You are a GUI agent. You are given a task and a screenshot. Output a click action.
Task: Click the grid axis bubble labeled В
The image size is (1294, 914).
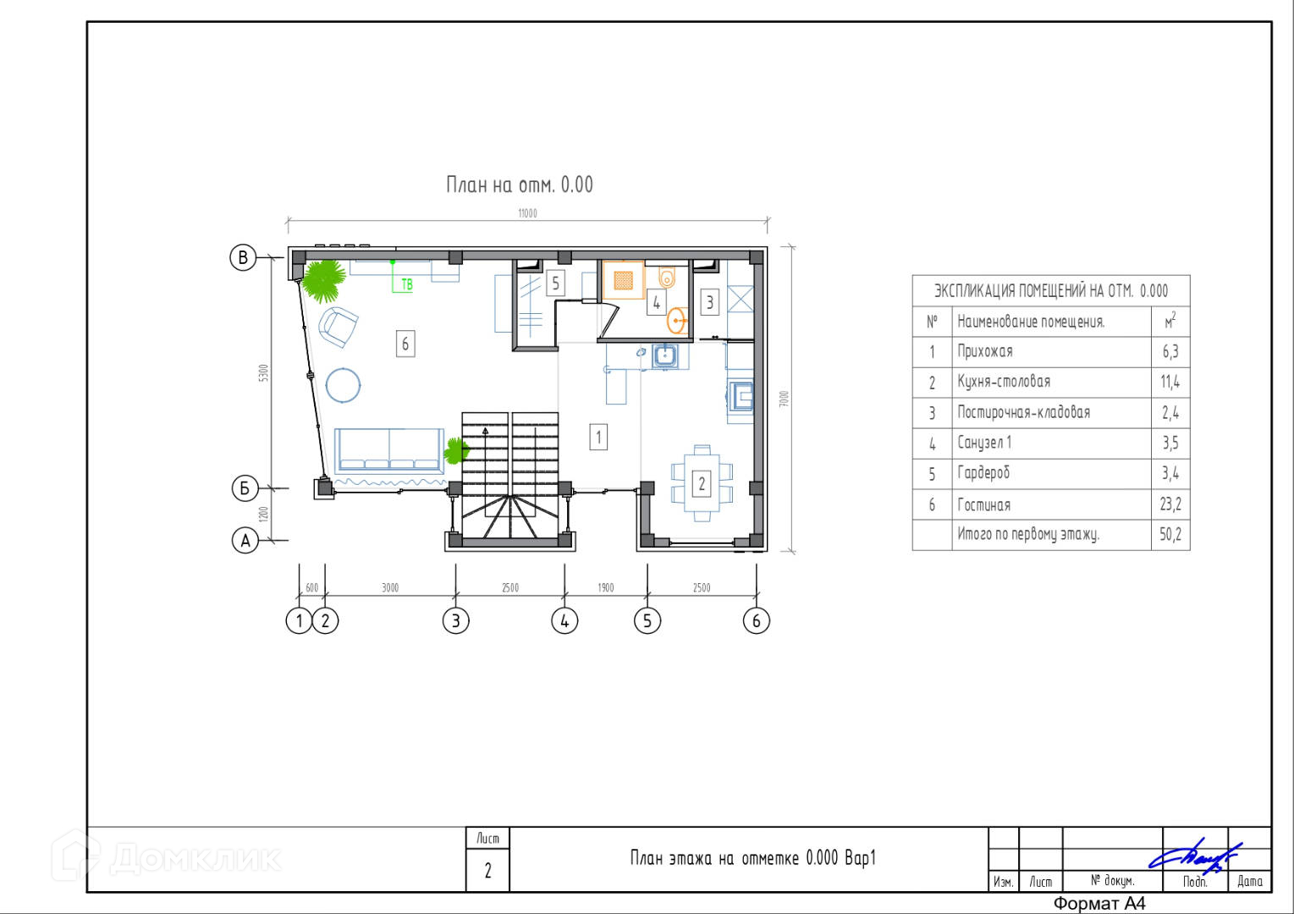coord(243,257)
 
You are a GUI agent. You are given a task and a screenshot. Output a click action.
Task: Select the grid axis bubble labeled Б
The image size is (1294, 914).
coord(245,488)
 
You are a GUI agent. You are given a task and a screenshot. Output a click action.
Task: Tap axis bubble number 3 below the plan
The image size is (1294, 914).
coord(456,621)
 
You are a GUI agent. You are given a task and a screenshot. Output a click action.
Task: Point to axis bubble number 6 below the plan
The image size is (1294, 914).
coord(757,621)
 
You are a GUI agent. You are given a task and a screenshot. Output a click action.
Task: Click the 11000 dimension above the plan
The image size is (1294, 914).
coord(527,213)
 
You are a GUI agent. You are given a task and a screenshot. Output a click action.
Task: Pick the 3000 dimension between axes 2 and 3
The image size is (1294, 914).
coord(390,587)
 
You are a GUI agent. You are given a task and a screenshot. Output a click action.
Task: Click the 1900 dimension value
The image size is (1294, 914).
coord(605,587)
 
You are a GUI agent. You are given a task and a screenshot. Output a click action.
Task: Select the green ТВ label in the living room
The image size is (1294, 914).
coord(407,284)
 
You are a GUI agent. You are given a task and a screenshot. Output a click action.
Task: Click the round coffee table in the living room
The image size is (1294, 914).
coord(343,385)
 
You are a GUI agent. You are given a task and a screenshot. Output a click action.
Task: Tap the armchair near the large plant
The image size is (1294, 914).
coord(338,327)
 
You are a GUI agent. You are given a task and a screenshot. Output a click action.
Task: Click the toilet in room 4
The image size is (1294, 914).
coord(667,278)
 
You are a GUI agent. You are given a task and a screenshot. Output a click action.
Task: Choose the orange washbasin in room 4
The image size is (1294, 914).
coord(676,321)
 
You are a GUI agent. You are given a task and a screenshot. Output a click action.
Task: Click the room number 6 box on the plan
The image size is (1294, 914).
coord(405,344)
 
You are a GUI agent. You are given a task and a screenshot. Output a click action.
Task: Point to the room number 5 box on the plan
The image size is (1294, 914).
coord(555,284)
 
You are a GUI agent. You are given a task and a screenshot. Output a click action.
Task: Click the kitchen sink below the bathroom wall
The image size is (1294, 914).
coord(665,356)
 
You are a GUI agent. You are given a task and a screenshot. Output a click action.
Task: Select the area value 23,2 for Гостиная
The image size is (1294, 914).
coord(1170,504)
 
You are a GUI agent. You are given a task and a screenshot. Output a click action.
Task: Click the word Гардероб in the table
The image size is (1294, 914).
coord(983,473)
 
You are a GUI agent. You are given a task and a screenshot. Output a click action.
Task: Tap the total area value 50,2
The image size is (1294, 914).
coord(1170,534)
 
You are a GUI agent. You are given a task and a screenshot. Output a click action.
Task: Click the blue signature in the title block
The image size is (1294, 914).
coord(1195,856)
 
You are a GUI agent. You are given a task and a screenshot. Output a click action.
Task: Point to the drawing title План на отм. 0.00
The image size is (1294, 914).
coord(520,184)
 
